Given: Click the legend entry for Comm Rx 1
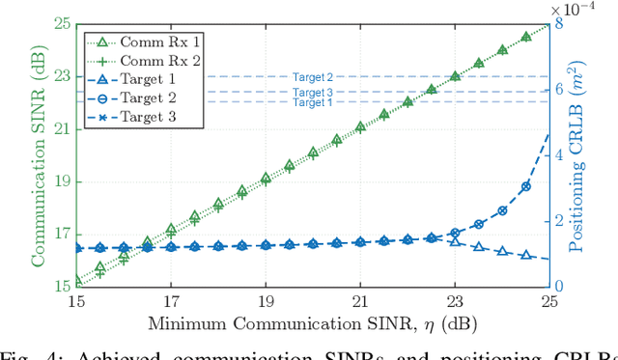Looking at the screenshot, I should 146,42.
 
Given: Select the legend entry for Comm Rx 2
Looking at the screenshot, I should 146,60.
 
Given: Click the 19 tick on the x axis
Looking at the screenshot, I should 266,299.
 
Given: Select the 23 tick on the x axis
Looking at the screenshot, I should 455,299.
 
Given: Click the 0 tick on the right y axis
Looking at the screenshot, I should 559,287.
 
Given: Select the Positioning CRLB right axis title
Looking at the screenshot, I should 582,154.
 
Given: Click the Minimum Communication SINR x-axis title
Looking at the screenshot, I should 311,319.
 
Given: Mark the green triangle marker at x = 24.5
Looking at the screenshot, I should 526,37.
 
